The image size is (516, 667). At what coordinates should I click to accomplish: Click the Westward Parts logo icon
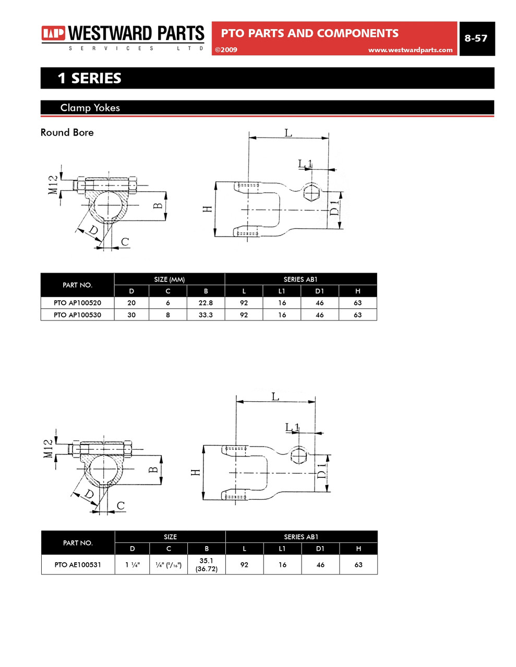(53, 33)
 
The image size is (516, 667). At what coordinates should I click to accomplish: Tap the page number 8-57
(476, 38)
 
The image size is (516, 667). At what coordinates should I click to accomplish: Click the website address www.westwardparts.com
(410, 50)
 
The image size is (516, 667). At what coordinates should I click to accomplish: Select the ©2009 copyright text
(226, 50)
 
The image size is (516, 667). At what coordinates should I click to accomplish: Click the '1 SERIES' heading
(89, 78)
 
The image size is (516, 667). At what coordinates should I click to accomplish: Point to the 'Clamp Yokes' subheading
(90, 108)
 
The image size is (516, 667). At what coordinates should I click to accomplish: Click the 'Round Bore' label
(67, 132)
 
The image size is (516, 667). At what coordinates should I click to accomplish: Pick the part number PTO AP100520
(77, 303)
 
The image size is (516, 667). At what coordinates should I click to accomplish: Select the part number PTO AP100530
(77, 315)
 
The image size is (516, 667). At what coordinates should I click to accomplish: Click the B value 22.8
(206, 303)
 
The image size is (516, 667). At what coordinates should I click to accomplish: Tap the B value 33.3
(206, 315)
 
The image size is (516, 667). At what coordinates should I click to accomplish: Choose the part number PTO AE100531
(78, 564)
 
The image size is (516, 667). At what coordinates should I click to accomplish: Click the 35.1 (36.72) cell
(207, 564)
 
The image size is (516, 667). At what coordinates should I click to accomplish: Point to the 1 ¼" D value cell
(132, 564)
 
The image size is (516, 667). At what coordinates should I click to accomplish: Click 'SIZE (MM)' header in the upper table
(169, 279)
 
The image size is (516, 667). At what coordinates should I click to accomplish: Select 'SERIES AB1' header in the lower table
(301, 537)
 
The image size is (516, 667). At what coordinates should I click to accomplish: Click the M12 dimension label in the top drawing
(53, 185)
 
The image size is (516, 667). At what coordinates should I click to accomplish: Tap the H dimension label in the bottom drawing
(196, 473)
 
